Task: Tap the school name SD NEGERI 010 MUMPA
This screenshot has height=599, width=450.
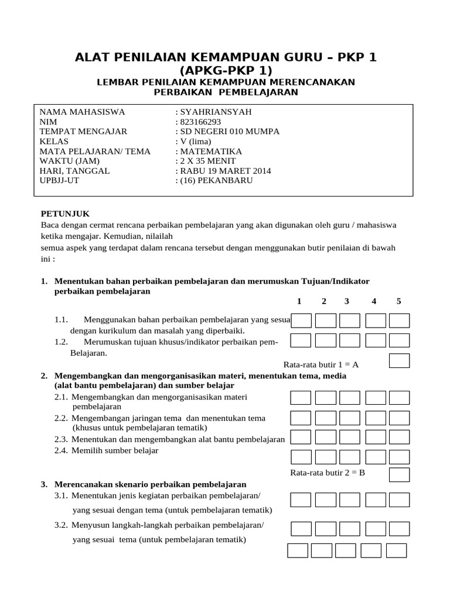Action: (x=227, y=132)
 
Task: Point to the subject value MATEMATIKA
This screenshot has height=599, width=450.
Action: (x=205, y=151)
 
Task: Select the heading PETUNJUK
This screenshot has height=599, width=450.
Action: (x=65, y=214)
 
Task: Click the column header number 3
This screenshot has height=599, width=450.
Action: (x=347, y=301)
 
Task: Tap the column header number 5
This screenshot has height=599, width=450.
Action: (x=399, y=301)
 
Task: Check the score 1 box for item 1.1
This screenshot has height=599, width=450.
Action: (x=301, y=321)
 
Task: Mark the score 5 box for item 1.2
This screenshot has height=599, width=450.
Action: (x=399, y=340)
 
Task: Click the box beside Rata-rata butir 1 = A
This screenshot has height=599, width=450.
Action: (x=399, y=360)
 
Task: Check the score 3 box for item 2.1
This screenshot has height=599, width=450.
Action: (x=350, y=398)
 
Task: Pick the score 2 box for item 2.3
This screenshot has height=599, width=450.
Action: (x=326, y=437)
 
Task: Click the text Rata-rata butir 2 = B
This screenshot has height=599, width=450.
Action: (x=328, y=473)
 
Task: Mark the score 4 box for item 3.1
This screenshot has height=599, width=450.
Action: (x=376, y=499)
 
